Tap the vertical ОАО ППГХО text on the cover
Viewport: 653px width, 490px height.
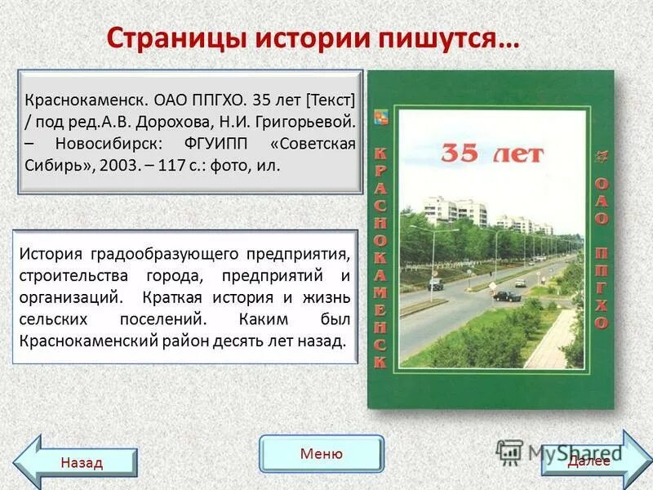coord(601,253)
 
